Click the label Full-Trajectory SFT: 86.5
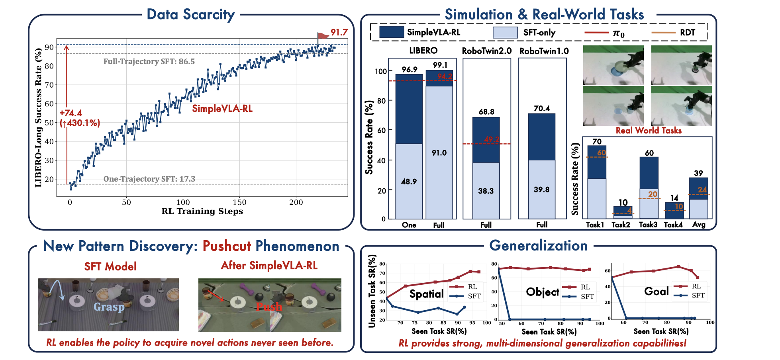coord(149,61)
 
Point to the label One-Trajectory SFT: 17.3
coord(149,179)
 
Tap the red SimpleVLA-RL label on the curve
coord(222,109)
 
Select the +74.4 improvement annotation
coord(71,113)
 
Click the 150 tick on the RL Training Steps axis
coord(239,202)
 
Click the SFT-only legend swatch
coord(505,33)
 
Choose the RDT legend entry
coord(688,33)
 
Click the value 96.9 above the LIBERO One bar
coord(410,69)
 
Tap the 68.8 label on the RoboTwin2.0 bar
coord(486,112)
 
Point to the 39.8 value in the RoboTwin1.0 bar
coord(542,190)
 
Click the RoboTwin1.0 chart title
coord(544,51)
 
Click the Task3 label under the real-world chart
coord(648,225)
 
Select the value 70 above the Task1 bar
coord(597,141)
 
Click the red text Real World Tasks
coord(649,131)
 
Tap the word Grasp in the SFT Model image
coord(109,307)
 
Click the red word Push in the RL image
coord(269,306)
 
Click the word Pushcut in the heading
coord(227,246)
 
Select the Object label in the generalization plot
coord(543,292)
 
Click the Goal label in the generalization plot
coord(657,291)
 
